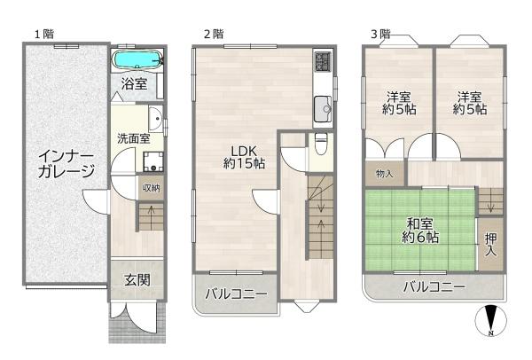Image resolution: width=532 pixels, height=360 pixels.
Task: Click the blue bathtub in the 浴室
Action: pyautogui.click(x=137, y=60)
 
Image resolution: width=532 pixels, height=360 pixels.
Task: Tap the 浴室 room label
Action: pyautogui.click(x=134, y=84)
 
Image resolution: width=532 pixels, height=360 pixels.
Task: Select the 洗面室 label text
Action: pyautogui.click(x=134, y=137)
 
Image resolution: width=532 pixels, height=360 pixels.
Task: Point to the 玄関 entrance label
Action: pyautogui.click(x=137, y=280)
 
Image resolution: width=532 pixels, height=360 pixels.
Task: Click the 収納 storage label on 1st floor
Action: pyautogui.click(x=150, y=187)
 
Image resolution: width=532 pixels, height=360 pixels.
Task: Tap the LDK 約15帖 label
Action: pyautogui.click(x=244, y=155)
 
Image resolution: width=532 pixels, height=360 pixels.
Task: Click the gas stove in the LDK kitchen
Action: pyautogui.click(x=321, y=62)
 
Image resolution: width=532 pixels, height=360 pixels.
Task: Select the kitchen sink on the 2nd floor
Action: pyautogui.click(x=321, y=113)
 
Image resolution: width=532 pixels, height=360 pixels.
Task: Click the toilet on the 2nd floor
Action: pyautogui.click(x=322, y=145)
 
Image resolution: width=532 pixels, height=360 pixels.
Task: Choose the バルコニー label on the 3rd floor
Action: pyautogui.click(x=434, y=286)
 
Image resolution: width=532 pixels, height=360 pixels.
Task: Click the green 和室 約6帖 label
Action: pyautogui.click(x=419, y=230)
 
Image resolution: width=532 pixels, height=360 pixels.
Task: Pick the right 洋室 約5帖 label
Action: pyautogui.click(x=470, y=103)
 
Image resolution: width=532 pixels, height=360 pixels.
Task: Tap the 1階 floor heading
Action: pyautogui.click(x=45, y=34)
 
